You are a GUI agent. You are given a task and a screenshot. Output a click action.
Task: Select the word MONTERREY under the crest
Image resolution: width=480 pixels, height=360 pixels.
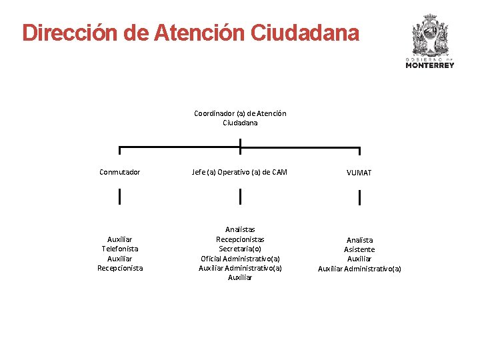[x=429, y=65]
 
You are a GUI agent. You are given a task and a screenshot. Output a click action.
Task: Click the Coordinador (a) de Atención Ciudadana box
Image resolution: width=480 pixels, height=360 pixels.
[x=240, y=118]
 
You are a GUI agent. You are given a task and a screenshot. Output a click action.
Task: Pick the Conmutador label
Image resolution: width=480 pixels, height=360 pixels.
[x=120, y=172]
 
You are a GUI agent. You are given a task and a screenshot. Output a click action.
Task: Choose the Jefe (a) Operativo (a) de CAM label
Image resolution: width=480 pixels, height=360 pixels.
[x=240, y=172]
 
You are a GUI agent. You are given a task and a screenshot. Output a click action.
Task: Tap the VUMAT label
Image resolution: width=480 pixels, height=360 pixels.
[x=359, y=173]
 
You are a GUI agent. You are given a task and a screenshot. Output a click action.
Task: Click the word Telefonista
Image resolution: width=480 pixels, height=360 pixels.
[x=120, y=249]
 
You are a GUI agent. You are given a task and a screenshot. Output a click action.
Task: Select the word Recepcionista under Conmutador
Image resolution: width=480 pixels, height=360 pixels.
[x=120, y=268]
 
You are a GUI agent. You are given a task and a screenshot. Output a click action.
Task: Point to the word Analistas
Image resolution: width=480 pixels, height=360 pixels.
[x=240, y=229]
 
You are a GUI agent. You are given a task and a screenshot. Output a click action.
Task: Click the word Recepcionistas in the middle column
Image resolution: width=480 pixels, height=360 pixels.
[x=240, y=239]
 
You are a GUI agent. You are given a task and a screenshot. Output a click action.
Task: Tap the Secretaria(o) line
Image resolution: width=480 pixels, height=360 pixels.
[x=240, y=249]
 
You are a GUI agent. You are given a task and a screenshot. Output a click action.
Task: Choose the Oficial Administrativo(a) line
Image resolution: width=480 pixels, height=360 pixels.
[x=240, y=259]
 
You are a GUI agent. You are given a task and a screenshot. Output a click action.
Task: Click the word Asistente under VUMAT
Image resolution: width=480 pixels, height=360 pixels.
[x=359, y=249]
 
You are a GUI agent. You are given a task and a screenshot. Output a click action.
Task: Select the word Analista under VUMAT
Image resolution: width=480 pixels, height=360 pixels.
[x=359, y=240]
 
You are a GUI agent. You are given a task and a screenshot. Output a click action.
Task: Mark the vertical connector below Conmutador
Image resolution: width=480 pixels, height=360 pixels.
[x=120, y=197]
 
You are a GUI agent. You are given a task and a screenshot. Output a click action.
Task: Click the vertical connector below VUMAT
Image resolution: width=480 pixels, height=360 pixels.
[x=359, y=197]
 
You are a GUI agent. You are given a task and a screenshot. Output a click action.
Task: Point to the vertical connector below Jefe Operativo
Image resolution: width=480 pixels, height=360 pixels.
[x=240, y=197]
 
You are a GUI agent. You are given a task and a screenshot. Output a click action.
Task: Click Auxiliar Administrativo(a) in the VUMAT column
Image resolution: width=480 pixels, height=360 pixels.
[x=359, y=269]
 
